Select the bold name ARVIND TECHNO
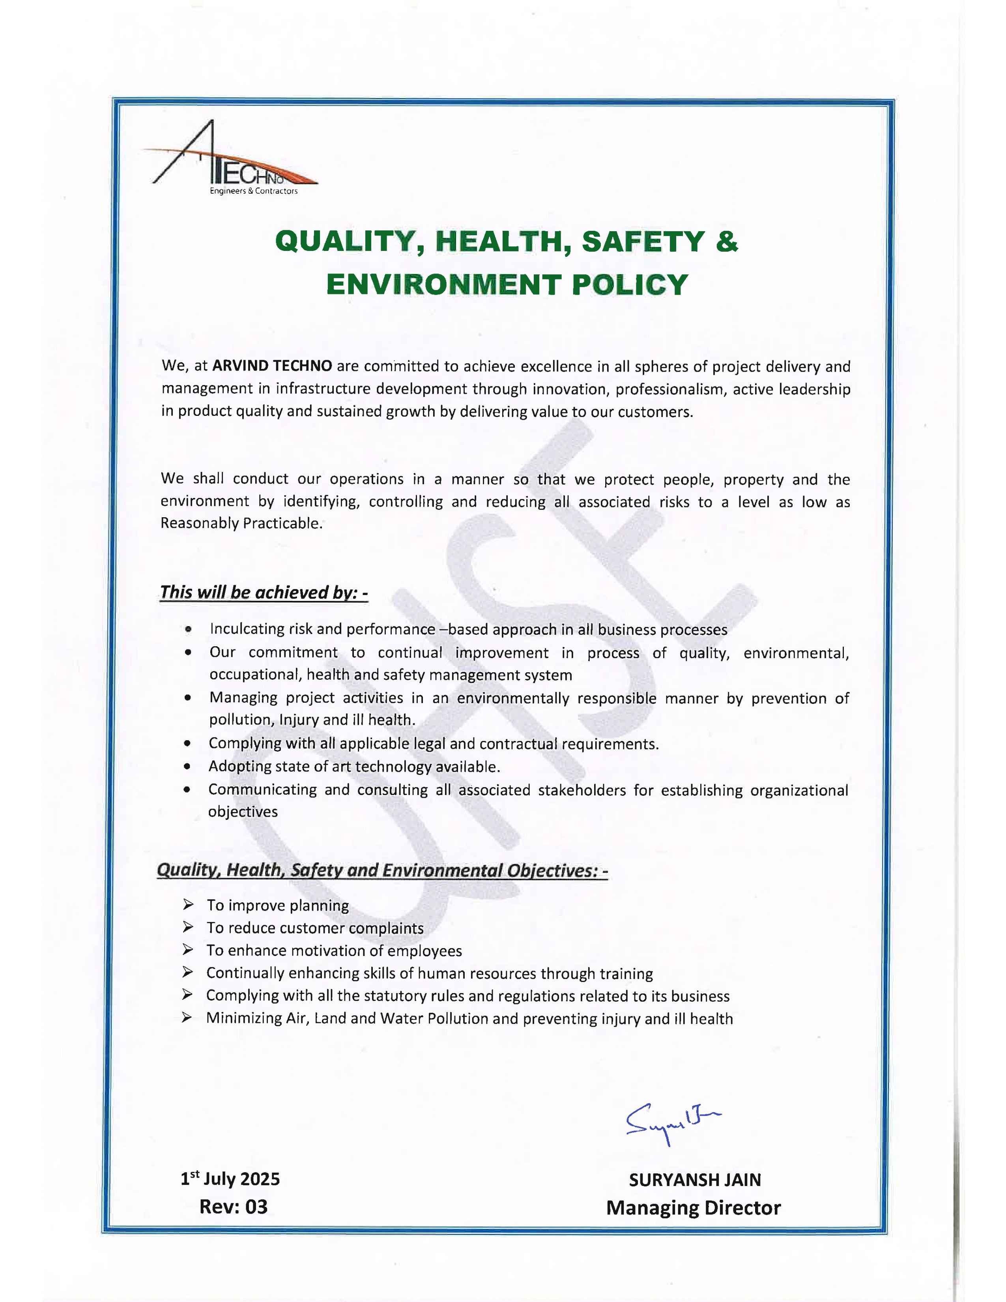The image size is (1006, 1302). (x=272, y=365)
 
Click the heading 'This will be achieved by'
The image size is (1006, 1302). (x=264, y=593)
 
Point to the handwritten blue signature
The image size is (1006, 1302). (x=672, y=1123)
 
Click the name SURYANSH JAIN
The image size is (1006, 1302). (x=695, y=1180)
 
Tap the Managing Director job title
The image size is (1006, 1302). (x=693, y=1208)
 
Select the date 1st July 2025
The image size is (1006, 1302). (x=230, y=1179)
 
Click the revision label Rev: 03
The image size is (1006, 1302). (x=233, y=1207)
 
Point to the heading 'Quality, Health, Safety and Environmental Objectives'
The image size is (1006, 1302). (x=382, y=870)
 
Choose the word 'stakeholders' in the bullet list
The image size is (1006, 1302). (x=582, y=790)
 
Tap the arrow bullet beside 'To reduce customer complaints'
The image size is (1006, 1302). (x=188, y=927)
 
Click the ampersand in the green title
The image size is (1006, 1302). (x=726, y=241)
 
